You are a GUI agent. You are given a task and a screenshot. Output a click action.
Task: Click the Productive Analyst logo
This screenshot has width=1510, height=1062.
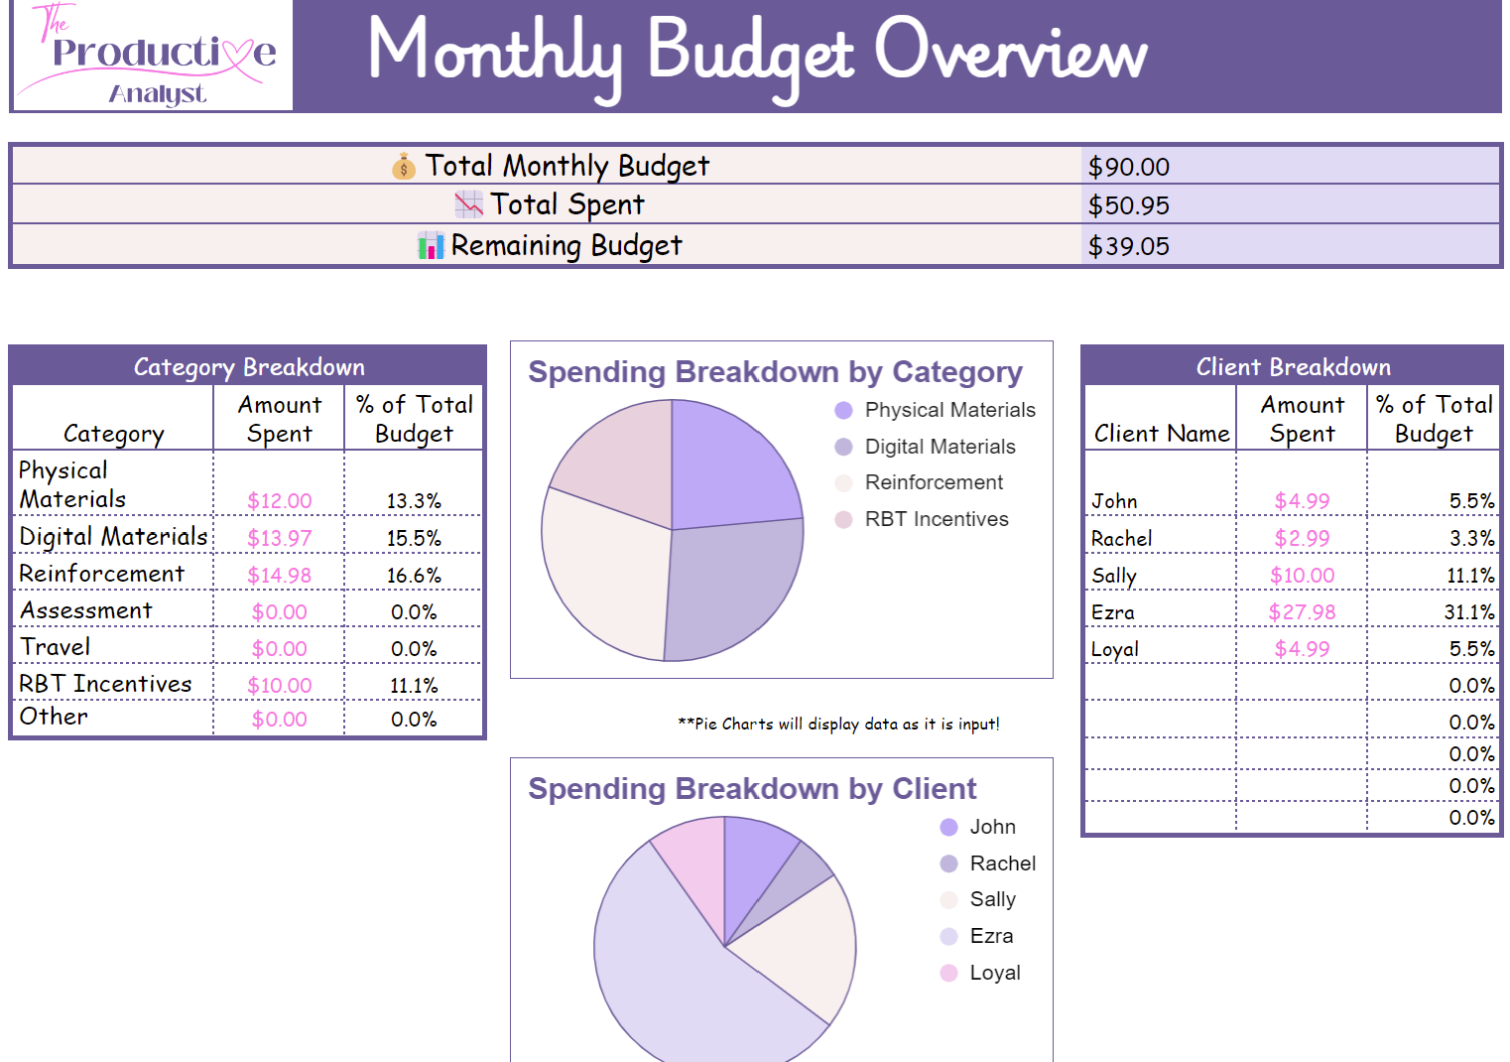click(x=153, y=56)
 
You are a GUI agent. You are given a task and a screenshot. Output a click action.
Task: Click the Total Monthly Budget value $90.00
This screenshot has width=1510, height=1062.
click(x=1128, y=167)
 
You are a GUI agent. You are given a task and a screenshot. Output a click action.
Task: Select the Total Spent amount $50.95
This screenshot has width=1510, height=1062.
click(x=1128, y=205)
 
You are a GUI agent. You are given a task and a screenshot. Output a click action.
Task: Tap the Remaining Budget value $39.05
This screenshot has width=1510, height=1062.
click(x=1128, y=246)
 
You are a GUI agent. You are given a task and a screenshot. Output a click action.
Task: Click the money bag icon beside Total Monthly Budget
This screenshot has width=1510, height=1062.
click(x=403, y=167)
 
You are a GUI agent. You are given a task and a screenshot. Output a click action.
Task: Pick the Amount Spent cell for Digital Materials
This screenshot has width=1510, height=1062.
click(x=279, y=538)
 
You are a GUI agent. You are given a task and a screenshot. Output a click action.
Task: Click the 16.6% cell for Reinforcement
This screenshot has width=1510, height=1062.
click(x=414, y=576)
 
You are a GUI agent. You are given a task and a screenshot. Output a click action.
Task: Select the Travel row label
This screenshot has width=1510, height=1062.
click(x=56, y=647)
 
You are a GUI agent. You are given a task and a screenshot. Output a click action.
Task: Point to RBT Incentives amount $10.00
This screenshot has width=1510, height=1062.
click(x=279, y=686)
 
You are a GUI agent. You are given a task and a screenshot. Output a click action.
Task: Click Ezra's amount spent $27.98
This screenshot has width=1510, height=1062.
click(x=1302, y=612)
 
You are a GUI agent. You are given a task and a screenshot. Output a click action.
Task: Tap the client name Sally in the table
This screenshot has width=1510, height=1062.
click(x=1113, y=576)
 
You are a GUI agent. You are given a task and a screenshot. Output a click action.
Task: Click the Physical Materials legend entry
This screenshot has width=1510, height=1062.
click(x=936, y=410)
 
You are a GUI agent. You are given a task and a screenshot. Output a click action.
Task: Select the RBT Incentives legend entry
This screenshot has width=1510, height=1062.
click(x=923, y=519)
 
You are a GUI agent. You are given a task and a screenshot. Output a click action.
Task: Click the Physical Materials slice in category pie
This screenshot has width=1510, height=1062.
click(x=729, y=462)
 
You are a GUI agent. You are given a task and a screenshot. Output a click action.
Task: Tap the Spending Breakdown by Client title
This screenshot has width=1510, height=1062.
click(x=751, y=789)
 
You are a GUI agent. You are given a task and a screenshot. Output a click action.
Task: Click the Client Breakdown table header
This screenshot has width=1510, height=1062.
click(x=1292, y=367)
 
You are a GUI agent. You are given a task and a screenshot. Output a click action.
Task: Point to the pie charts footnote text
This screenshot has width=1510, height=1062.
click(x=838, y=725)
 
